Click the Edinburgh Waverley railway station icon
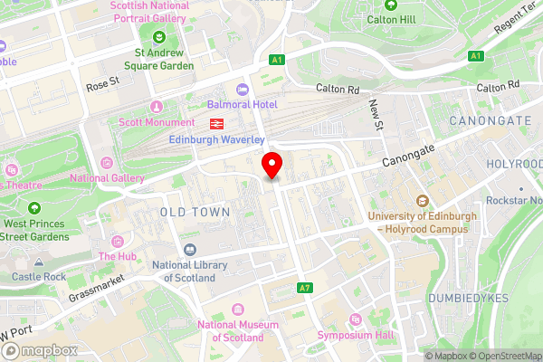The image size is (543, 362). tap(217, 123)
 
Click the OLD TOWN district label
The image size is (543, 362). tap(195, 211)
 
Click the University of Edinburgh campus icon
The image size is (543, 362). tap(422, 201)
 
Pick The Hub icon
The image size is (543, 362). tap(118, 242)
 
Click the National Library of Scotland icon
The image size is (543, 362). tap(190, 250)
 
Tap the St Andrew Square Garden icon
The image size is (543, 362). tap(159, 36)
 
